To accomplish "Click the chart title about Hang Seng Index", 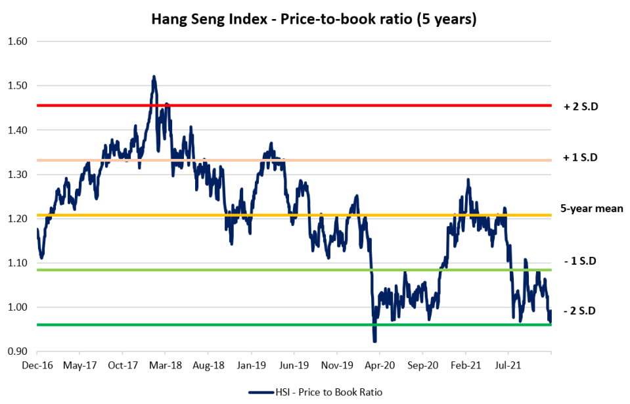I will pyautogui.click(x=314, y=19).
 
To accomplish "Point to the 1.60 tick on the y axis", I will pyautogui.click(x=18, y=41).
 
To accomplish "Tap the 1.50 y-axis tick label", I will pyautogui.click(x=18, y=85).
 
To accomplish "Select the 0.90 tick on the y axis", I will pyautogui.click(x=18, y=351).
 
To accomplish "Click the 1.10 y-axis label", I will pyautogui.click(x=18, y=263).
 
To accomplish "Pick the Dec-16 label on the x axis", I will pyautogui.click(x=37, y=363).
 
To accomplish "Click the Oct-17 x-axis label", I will pyautogui.click(x=122, y=363).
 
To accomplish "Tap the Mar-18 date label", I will pyautogui.click(x=164, y=363).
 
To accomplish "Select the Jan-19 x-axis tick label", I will pyautogui.click(x=250, y=363).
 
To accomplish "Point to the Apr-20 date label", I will pyautogui.click(x=378, y=363).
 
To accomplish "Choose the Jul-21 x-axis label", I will pyautogui.click(x=506, y=363).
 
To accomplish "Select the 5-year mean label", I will pyautogui.click(x=591, y=208).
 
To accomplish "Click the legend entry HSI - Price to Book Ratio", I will pyautogui.click(x=315, y=392).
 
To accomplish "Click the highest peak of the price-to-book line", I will pyautogui.click(x=154, y=77).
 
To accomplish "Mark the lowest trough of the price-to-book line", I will pyautogui.click(x=374, y=341).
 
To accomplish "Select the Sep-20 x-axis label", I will pyautogui.click(x=421, y=363).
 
